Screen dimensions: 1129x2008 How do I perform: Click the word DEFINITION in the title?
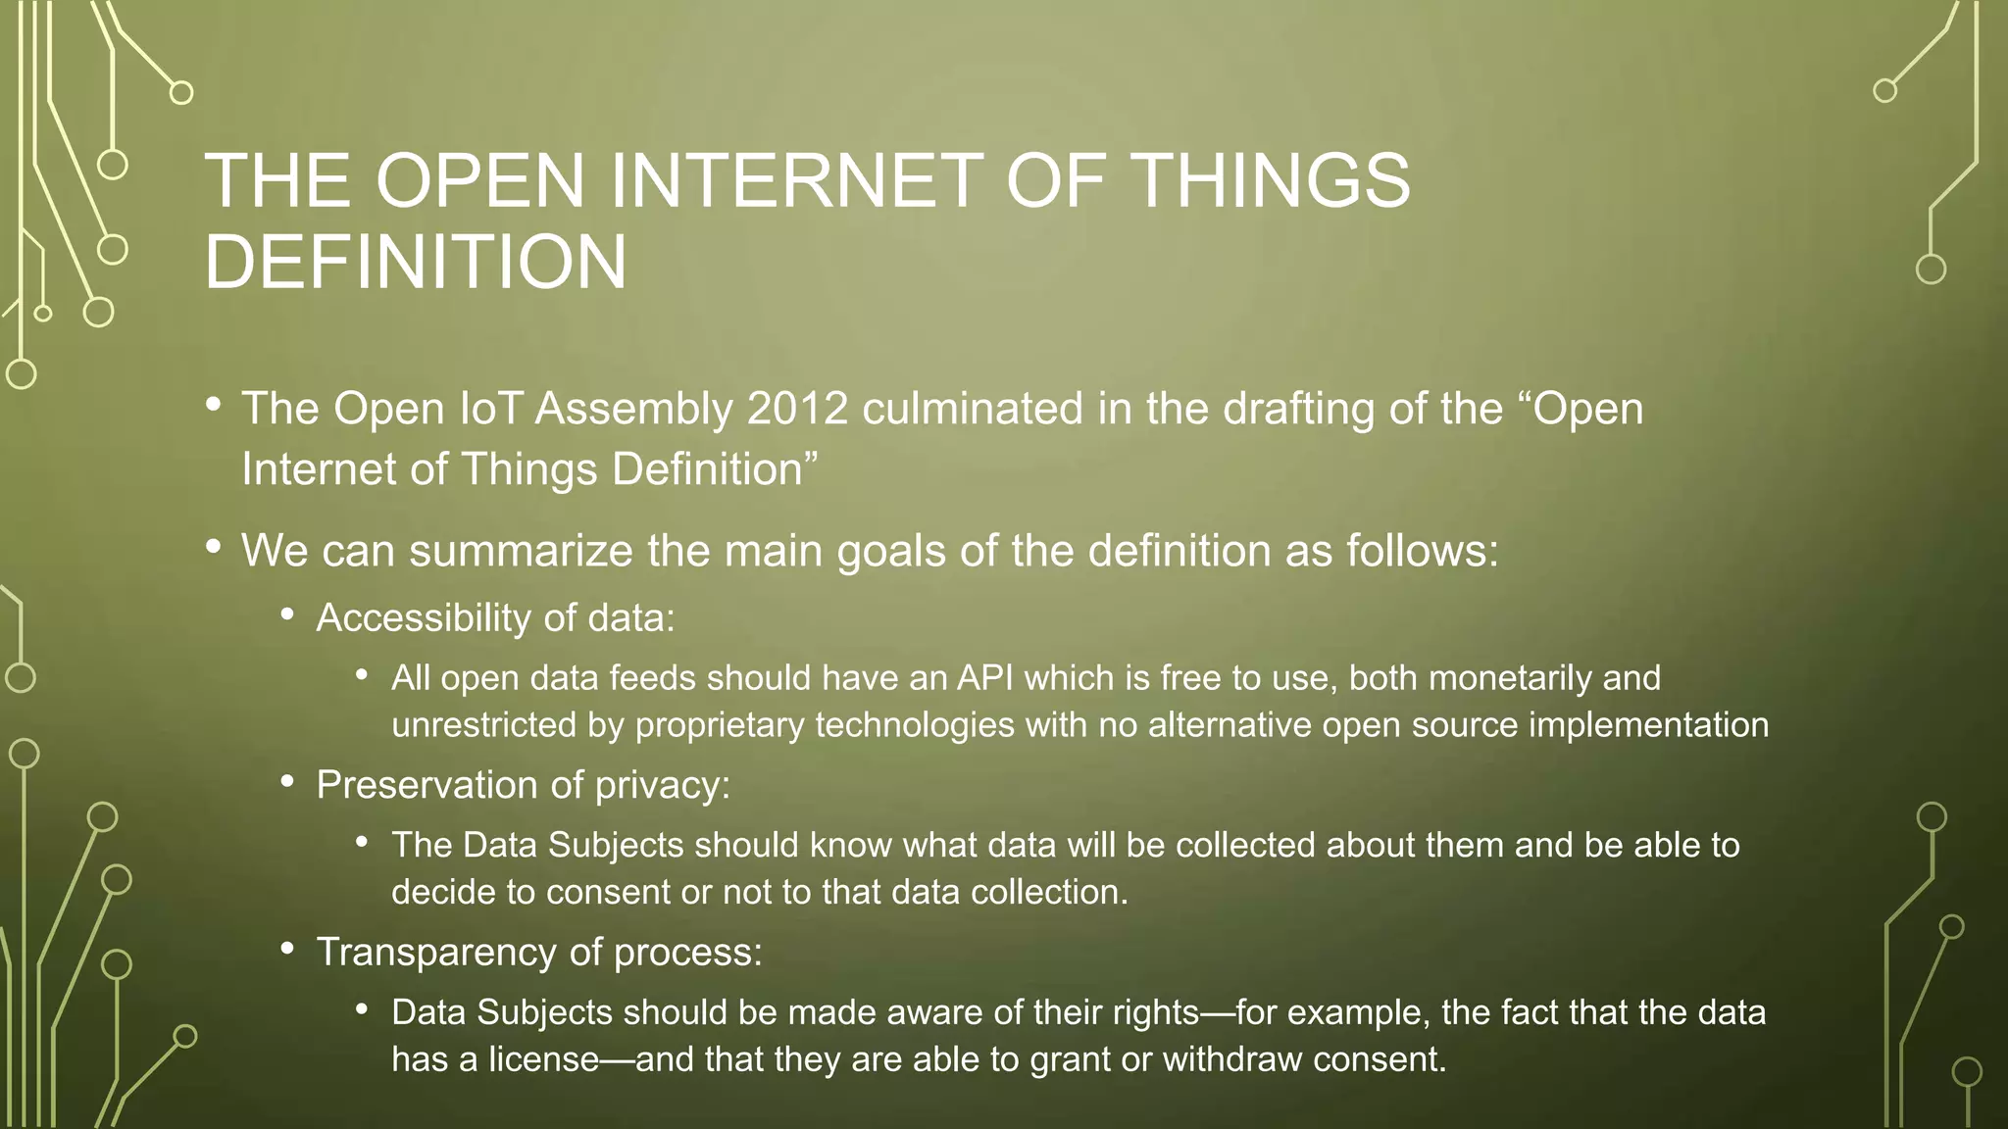[x=415, y=263]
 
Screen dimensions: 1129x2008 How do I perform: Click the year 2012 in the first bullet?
[x=797, y=409]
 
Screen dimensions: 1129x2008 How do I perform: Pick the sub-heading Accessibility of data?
[x=495, y=618]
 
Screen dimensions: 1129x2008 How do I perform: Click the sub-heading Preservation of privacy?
[x=523, y=785]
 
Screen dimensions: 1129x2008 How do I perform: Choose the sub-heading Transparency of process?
[x=538, y=953]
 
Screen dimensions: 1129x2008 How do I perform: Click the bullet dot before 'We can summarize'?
[x=213, y=548]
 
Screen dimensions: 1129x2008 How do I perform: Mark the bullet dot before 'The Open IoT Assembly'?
[x=213, y=406]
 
